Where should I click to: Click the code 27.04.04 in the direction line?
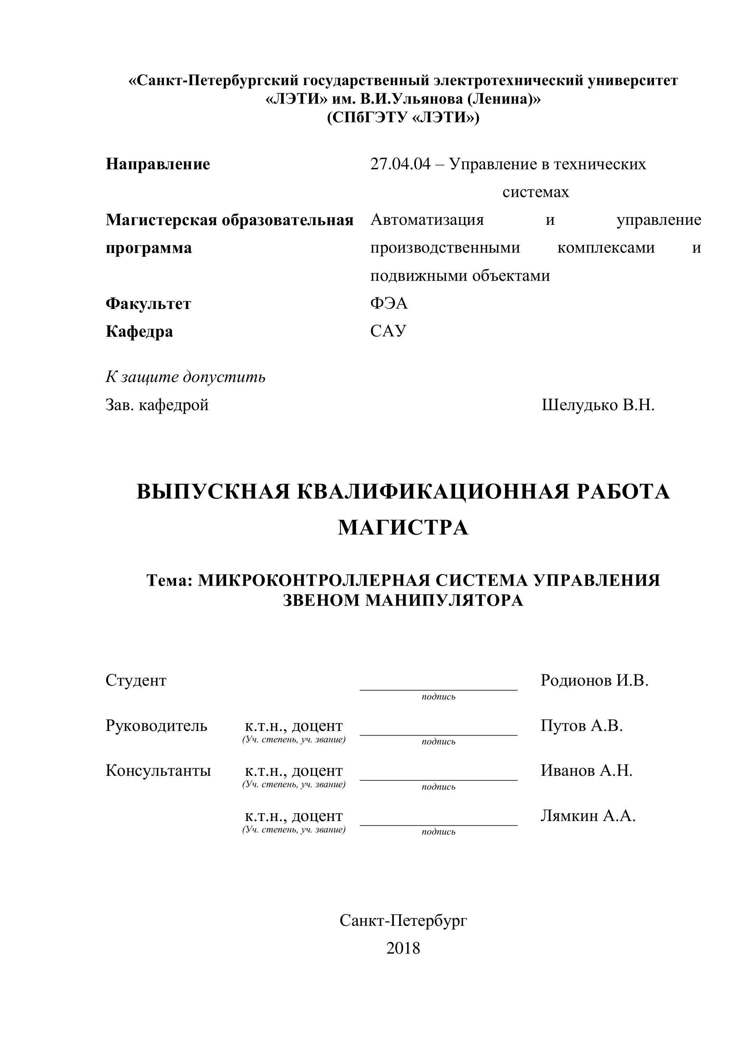[400, 164]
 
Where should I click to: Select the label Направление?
[158, 164]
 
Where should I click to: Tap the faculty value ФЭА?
[389, 304]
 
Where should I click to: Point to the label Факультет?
[148, 304]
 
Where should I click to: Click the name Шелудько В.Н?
[598, 405]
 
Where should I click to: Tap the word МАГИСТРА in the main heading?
[403, 528]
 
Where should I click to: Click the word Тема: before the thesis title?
[170, 581]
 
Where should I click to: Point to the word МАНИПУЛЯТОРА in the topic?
[444, 601]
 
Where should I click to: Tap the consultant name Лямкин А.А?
[588, 816]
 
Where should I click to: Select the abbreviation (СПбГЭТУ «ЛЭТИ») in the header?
[403, 118]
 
